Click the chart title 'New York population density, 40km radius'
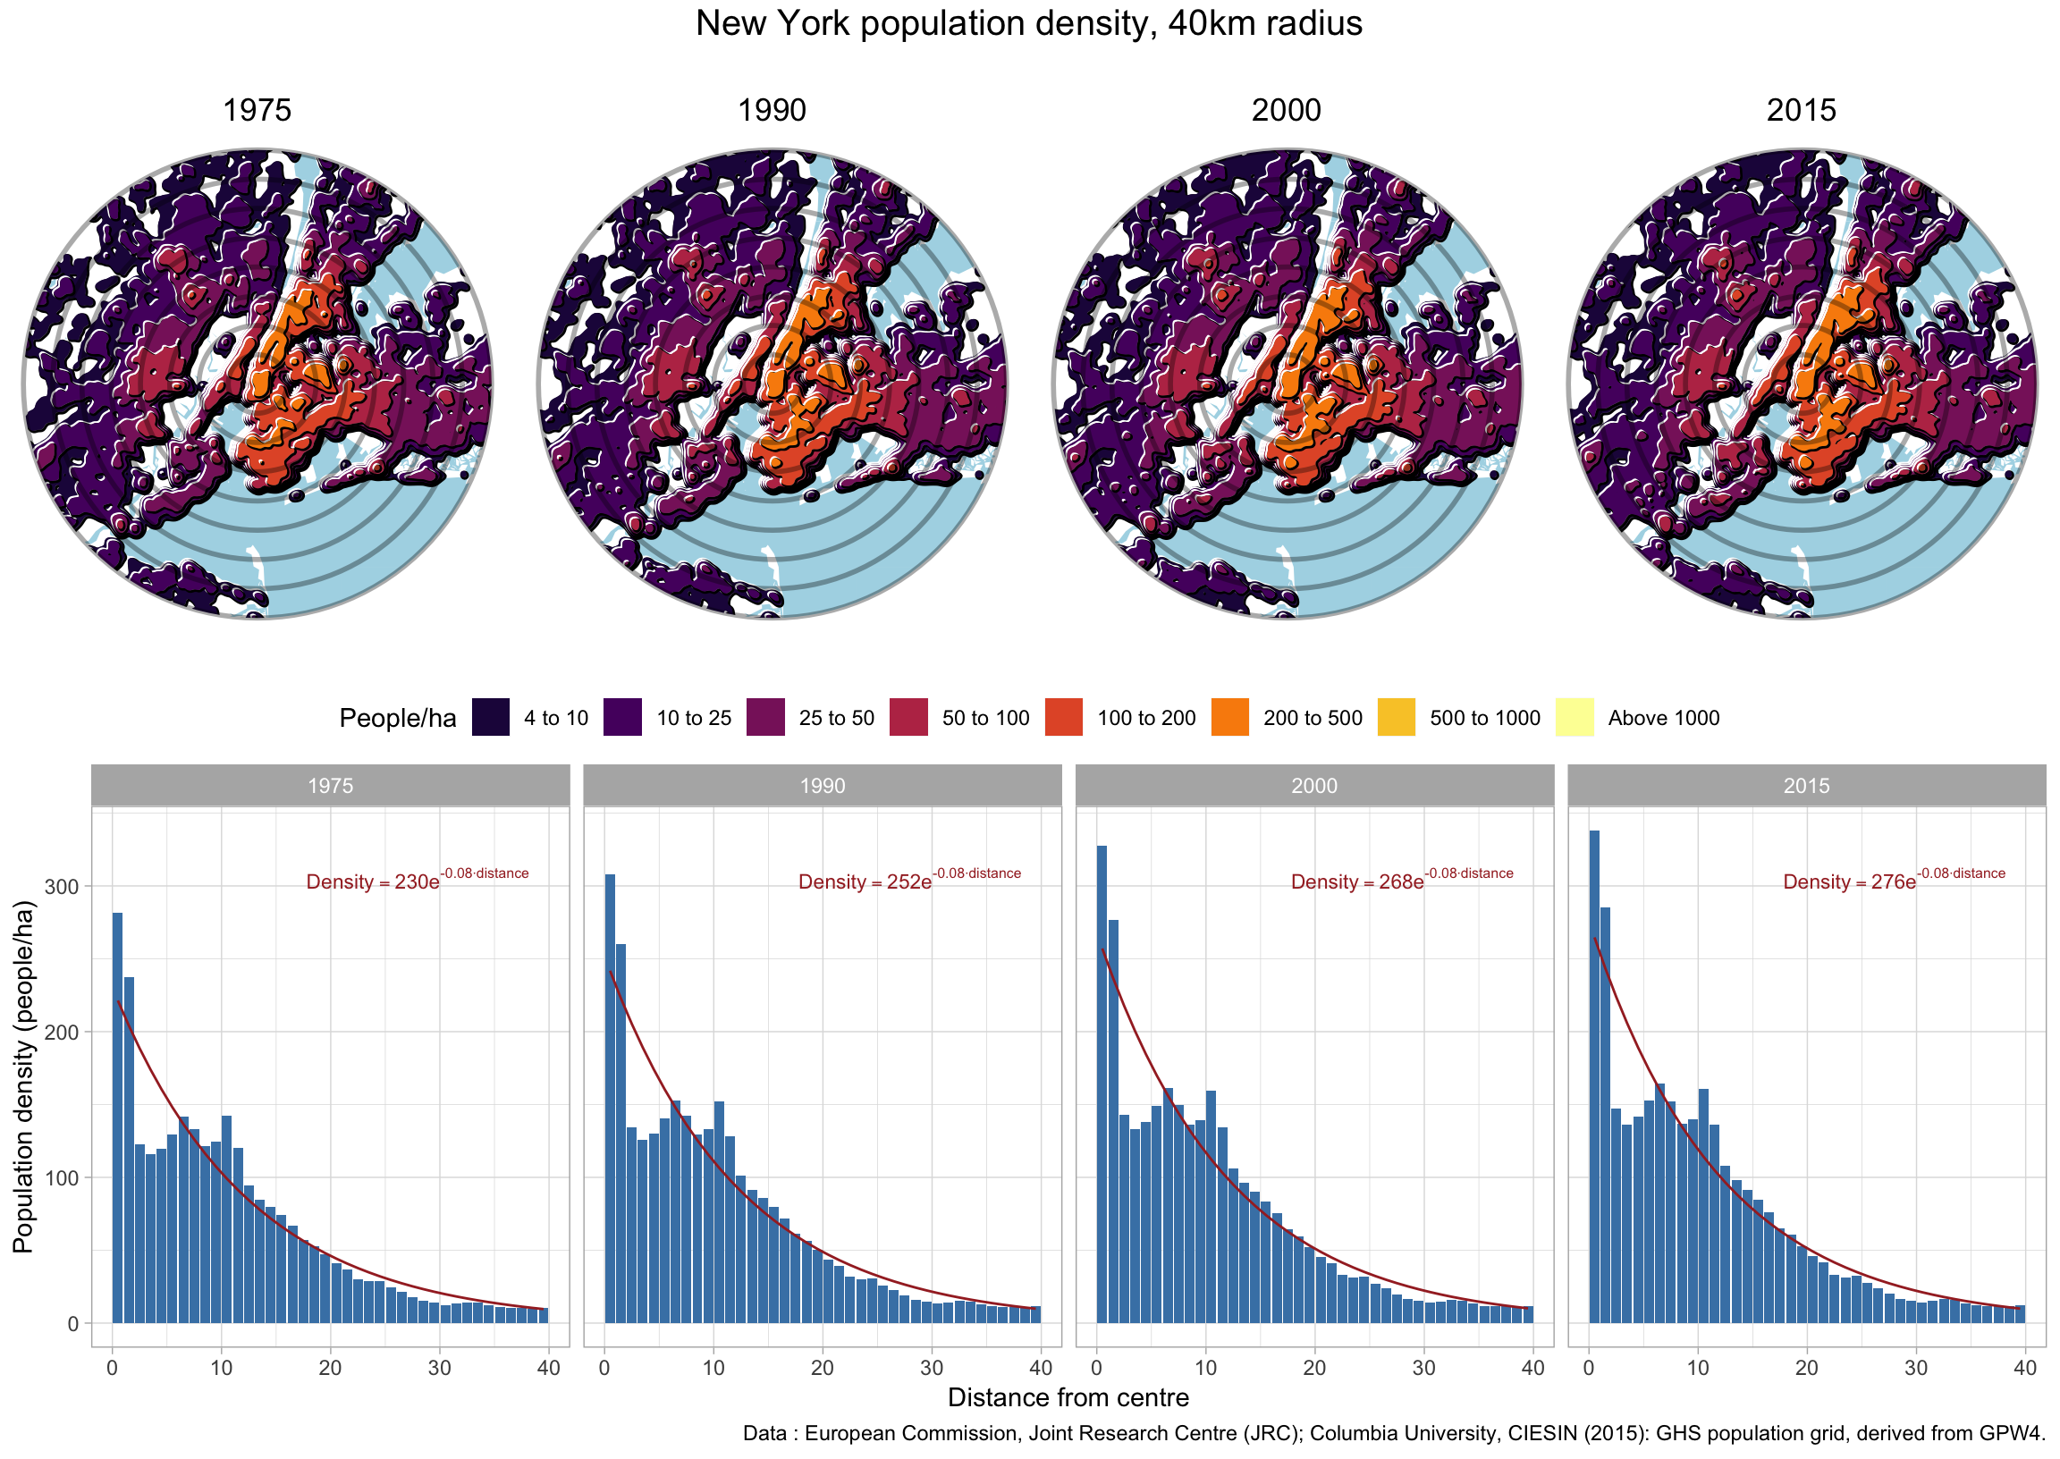pyautogui.click(x=1028, y=23)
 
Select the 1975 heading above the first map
pyautogui.click(x=257, y=110)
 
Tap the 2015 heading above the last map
pyautogui.click(x=1802, y=110)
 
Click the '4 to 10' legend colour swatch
pyautogui.click(x=491, y=718)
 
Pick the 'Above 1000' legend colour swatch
pyautogui.click(x=1575, y=718)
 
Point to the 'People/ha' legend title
pyautogui.click(x=397, y=719)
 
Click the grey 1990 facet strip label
pyautogui.click(x=822, y=786)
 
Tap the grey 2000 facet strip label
pyautogui.click(x=1314, y=786)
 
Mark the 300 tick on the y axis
pyautogui.click(x=68, y=887)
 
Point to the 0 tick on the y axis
pyautogui.click(x=73, y=1323)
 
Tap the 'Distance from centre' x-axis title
pyautogui.click(x=1068, y=1398)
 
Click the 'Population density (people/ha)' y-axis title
pyautogui.click(x=23, y=1077)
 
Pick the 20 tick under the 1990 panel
pyautogui.click(x=823, y=1369)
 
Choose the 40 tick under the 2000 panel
pyautogui.click(x=1532, y=1369)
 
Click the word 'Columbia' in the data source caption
pyautogui.click(x=1348, y=1434)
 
